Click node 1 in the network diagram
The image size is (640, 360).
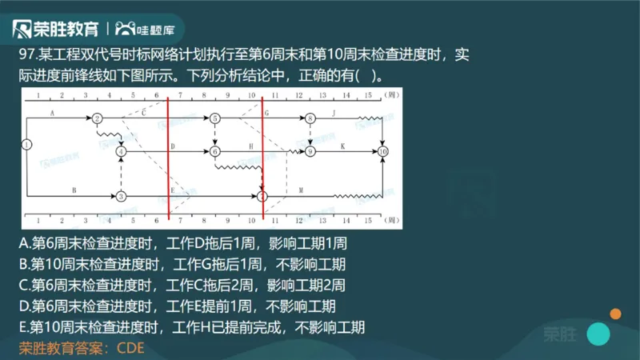[27, 145]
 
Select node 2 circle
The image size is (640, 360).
[97, 118]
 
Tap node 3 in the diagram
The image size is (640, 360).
[121, 195]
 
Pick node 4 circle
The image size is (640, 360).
[121, 150]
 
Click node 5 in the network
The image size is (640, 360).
[215, 118]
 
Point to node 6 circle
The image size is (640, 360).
[215, 150]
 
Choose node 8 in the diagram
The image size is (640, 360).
[310, 118]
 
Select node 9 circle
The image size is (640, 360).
[310, 150]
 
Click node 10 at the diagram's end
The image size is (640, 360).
[383, 150]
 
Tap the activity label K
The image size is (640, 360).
[342, 145]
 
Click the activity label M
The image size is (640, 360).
[301, 190]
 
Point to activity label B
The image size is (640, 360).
[74, 190]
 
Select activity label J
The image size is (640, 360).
[334, 114]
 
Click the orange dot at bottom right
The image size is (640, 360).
[615, 314]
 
